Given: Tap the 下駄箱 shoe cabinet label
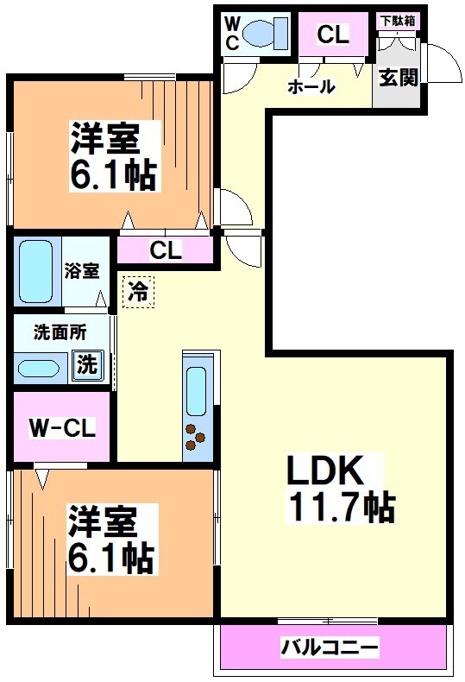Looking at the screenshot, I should click(398, 20).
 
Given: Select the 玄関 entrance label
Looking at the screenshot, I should click(398, 77).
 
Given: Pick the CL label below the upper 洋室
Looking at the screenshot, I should click(166, 250).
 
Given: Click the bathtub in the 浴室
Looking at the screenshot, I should click(35, 269).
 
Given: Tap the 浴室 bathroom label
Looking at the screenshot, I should click(82, 270).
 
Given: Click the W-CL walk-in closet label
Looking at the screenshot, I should click(61, 427).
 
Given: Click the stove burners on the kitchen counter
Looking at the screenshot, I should click(195, 436).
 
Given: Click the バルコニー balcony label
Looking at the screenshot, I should click(330, 647).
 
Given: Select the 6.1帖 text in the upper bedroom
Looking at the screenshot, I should click(112, 175).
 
